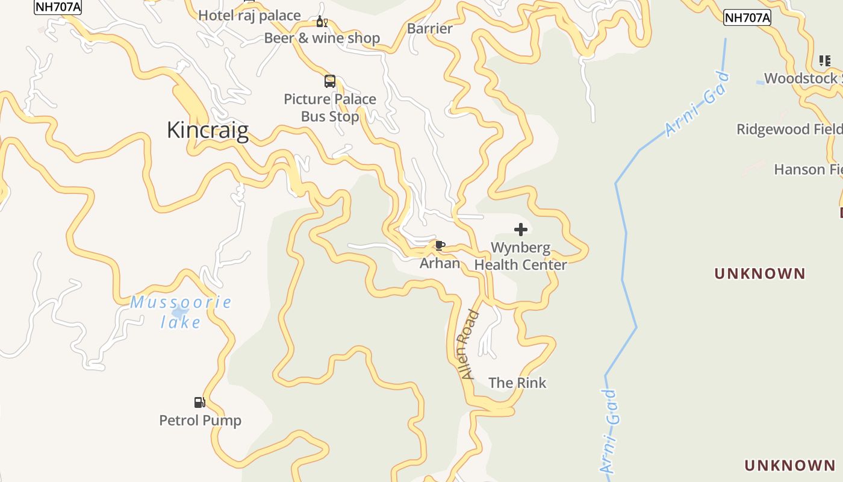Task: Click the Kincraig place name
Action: point(207,130)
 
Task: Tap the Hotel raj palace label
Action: point(249,16)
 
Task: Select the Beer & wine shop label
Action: point(322,38)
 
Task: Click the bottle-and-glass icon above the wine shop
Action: point(322,22)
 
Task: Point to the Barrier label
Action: point(430,28)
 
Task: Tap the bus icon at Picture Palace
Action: point(330,81)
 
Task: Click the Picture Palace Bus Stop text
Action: point(330,107)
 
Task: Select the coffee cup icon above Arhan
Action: point(440,245)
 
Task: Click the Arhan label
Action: point(440,263)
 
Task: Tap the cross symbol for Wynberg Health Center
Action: point(521,230)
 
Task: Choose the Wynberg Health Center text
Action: point(520,256)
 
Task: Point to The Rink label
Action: point(517,383)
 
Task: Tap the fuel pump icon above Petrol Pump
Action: point(199,402)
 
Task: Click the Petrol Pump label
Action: point(200,420)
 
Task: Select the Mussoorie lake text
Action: point(181,312)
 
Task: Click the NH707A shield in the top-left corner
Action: point(58,7)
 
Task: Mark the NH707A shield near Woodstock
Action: point(747,17)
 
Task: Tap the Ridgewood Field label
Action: point(789,129)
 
